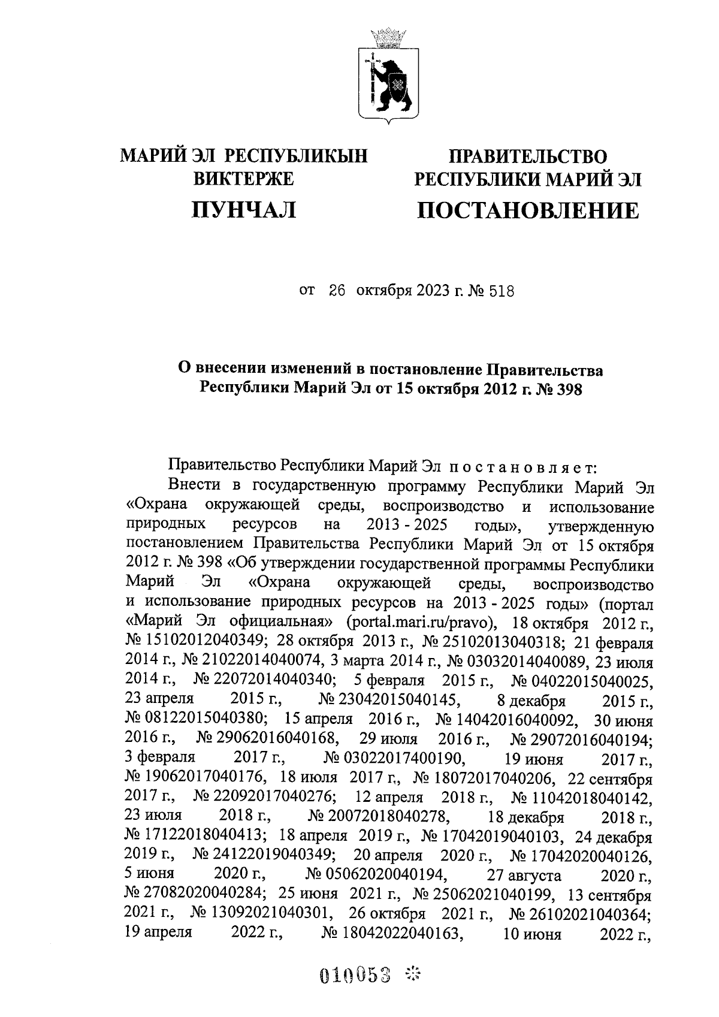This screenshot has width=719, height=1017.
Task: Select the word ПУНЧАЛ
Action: point(243,209)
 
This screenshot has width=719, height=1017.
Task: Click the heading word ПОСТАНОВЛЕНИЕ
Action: point(527,210)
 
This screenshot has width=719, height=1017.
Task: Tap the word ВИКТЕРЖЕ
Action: point(244,179)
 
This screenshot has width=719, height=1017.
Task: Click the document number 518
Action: point(502,292)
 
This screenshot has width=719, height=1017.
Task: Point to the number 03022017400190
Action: point(394,759)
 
